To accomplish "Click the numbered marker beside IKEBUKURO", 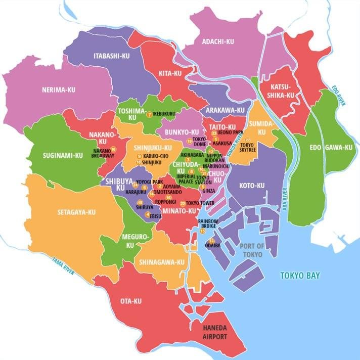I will click(x=149, y=114).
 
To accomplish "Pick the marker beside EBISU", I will click(x=147, y=214).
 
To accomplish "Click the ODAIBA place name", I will click(x=212, y=246).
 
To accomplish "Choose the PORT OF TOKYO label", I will click(x=252, y=250).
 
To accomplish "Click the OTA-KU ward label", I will click(x=130, y=302).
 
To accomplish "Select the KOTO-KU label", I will click(x=253, y=186).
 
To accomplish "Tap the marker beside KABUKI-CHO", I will click(x=139, y=156).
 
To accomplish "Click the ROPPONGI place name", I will click(x=165, y=201).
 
